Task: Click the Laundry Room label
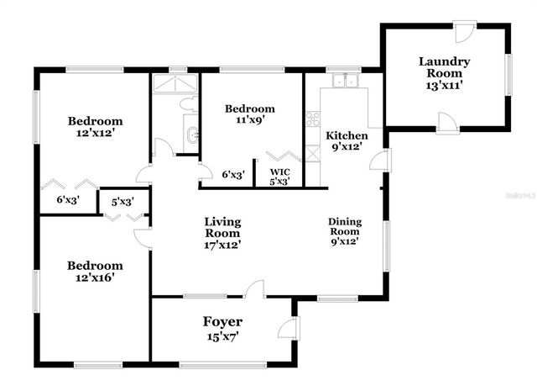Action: tap(444, 72)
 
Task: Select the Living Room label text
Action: tap(223, 233)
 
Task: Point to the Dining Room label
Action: tap(344, 230)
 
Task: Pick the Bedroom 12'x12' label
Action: tap(95, 126)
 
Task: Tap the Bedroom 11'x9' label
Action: tap(249, 114)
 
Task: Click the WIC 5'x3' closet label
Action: tap(279, 176)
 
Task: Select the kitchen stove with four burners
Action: tap(313, 119)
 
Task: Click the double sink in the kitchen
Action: tap(344, 81)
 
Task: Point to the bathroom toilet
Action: tap(190, 105)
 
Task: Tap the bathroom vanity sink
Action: tap(191, 133)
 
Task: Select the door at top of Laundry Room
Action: tap(464, 32)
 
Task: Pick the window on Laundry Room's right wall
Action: tap(508, 75)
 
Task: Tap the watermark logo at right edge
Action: tap(519, 195)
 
